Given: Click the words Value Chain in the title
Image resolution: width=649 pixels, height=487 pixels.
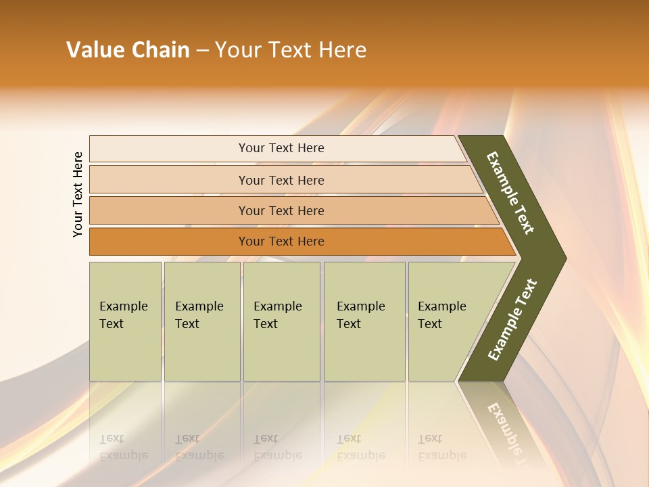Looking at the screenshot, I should click(128, 50).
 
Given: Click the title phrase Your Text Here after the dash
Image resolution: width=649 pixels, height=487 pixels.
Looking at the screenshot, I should click(291, 50).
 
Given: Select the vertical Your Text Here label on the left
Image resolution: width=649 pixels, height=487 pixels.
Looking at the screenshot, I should click(78, 194).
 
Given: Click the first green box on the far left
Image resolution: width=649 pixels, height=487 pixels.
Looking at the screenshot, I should click(125, 321).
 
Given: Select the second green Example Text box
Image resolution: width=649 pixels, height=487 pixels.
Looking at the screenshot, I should click(202, 321).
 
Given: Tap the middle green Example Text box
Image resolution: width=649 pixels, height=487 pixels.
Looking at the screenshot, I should click(281, 321).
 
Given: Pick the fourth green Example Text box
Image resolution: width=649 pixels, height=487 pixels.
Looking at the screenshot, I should click(364, 321).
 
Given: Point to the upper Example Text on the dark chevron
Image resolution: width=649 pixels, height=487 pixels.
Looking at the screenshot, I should click(510, 193).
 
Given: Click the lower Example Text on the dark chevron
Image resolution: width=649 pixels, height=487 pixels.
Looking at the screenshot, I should click(512, 319).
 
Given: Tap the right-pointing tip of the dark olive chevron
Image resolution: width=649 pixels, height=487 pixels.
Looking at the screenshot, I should click(561, 258).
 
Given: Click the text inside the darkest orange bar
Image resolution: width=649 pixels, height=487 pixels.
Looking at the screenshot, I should click(281, 241).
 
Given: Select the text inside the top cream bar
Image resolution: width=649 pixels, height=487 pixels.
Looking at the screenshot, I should click(281, 148).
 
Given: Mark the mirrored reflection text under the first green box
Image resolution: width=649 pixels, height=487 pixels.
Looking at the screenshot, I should click(123, 447).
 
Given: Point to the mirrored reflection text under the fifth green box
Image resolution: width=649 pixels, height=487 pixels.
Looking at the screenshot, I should click(442, 447).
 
